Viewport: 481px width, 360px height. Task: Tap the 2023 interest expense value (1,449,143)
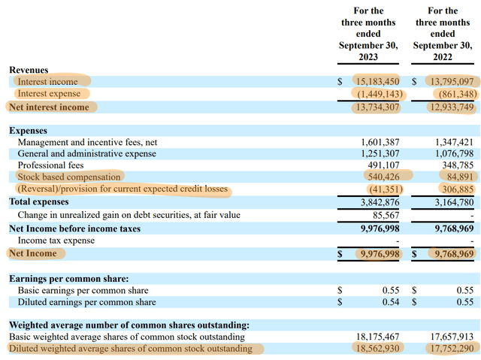pyautogui.click(x=378, y=94)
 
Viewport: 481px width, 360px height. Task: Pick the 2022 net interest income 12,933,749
pyautogui.click(x=449, y=107)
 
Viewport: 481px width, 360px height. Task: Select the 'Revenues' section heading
pyautogui.click(x=29, y=70)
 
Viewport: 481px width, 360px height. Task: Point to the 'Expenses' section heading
pyautogui.click(x=29, y=131)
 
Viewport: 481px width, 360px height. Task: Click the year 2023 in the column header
pyautogui.click(x=368, y=58)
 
